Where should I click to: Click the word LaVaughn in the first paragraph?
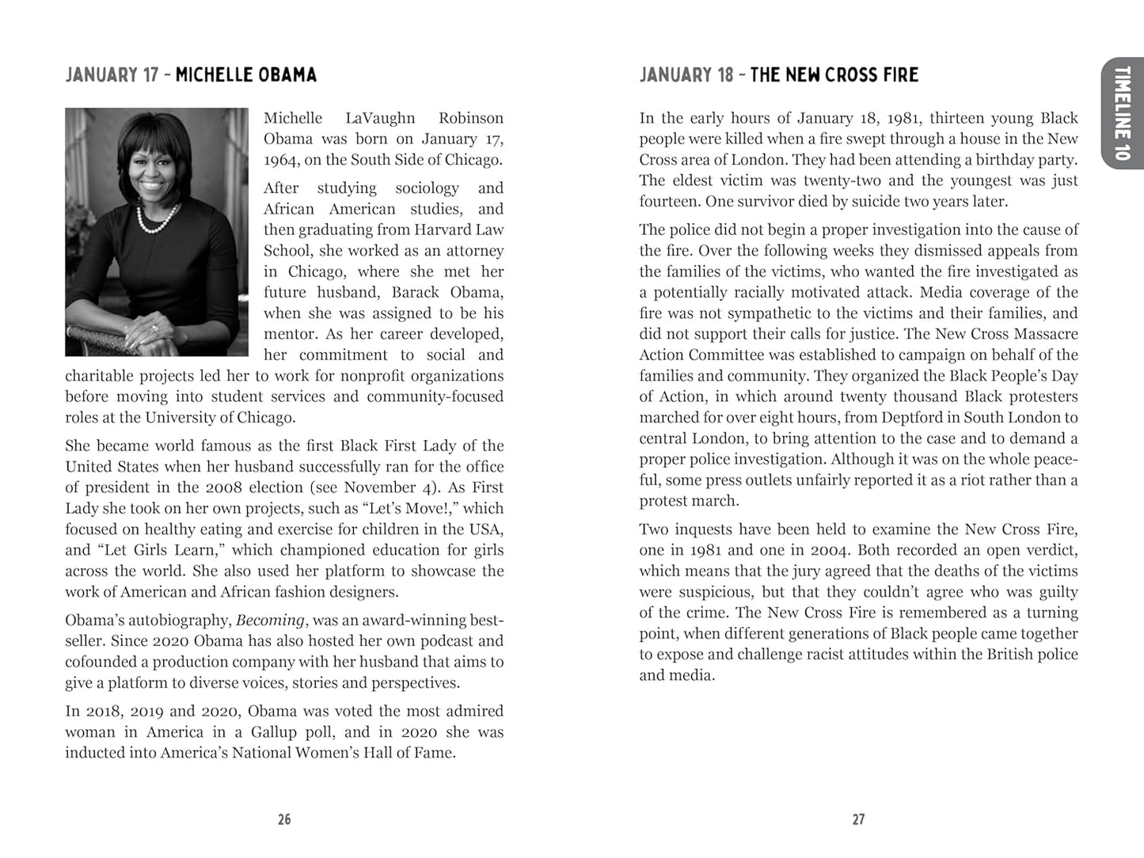(380, 118)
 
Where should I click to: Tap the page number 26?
(284, 819)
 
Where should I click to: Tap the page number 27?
(858, 819)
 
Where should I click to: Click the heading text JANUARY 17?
(112, 75)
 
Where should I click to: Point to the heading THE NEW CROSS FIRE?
(834, 75)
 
